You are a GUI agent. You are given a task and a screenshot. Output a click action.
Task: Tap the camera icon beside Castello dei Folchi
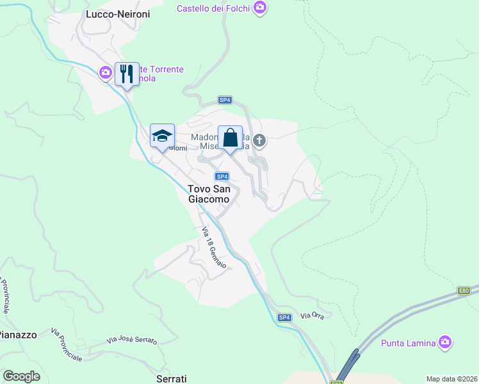259,8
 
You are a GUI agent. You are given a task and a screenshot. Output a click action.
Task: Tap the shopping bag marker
230,138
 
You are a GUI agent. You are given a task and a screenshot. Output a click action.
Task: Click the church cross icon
259,140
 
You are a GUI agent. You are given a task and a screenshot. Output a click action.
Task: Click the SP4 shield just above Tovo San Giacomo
222,177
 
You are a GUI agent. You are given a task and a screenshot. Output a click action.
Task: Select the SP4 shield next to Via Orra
284,317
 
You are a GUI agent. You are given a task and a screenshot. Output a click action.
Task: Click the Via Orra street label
313,316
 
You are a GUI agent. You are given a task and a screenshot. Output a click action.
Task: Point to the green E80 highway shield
464,291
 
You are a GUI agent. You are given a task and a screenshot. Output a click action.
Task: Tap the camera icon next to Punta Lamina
445,342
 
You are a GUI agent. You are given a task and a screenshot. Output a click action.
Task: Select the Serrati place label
172,379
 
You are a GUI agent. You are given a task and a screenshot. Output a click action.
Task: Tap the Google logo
21,376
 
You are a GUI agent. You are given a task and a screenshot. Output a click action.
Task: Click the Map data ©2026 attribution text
451,379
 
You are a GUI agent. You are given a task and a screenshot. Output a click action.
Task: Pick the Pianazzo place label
17,335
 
